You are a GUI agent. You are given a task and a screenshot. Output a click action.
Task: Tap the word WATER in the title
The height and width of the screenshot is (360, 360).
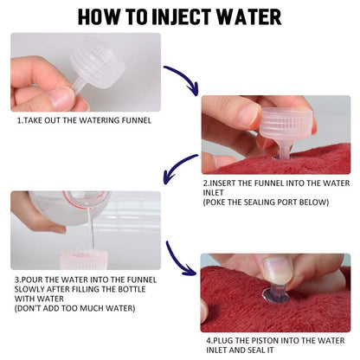pyautogui.click(x=247, y=16)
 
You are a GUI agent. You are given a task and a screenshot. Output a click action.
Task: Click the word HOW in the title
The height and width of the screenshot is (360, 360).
pyautogui.click(x=97, y=16)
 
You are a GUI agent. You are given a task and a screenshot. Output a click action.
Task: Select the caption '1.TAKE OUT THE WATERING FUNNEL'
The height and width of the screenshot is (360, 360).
pyautogui.click(x=84, y=120)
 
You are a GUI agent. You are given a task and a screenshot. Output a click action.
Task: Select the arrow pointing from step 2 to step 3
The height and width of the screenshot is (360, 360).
pyautogui.click(x=182, y=170)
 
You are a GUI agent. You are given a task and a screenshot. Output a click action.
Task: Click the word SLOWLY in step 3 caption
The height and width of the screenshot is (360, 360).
pyautogui.click(x=29, y=290)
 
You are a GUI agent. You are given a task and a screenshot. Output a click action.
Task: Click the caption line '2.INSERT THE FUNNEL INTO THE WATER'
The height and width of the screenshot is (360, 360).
pyautogui.click(x=275, y=184)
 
